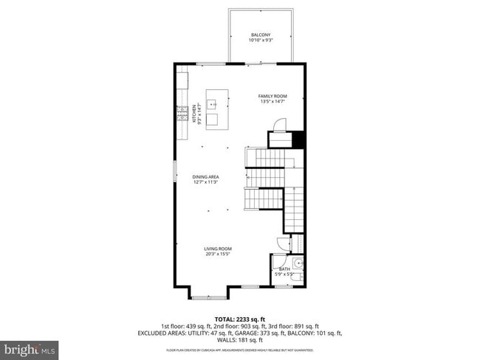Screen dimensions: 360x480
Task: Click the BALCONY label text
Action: click(260, 35)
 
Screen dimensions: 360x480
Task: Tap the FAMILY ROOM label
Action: click(272, 96)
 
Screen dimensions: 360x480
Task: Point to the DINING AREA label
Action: click(206, 177)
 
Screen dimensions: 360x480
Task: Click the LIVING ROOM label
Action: click(218, 249)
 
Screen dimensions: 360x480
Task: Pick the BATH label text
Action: click(284, 269)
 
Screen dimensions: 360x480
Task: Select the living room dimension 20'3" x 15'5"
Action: click(218, 255)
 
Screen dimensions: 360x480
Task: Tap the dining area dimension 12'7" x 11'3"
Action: click(206, 182)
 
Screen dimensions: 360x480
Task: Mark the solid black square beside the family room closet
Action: click(298, 139)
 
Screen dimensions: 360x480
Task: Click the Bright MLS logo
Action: click(30, 347)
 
